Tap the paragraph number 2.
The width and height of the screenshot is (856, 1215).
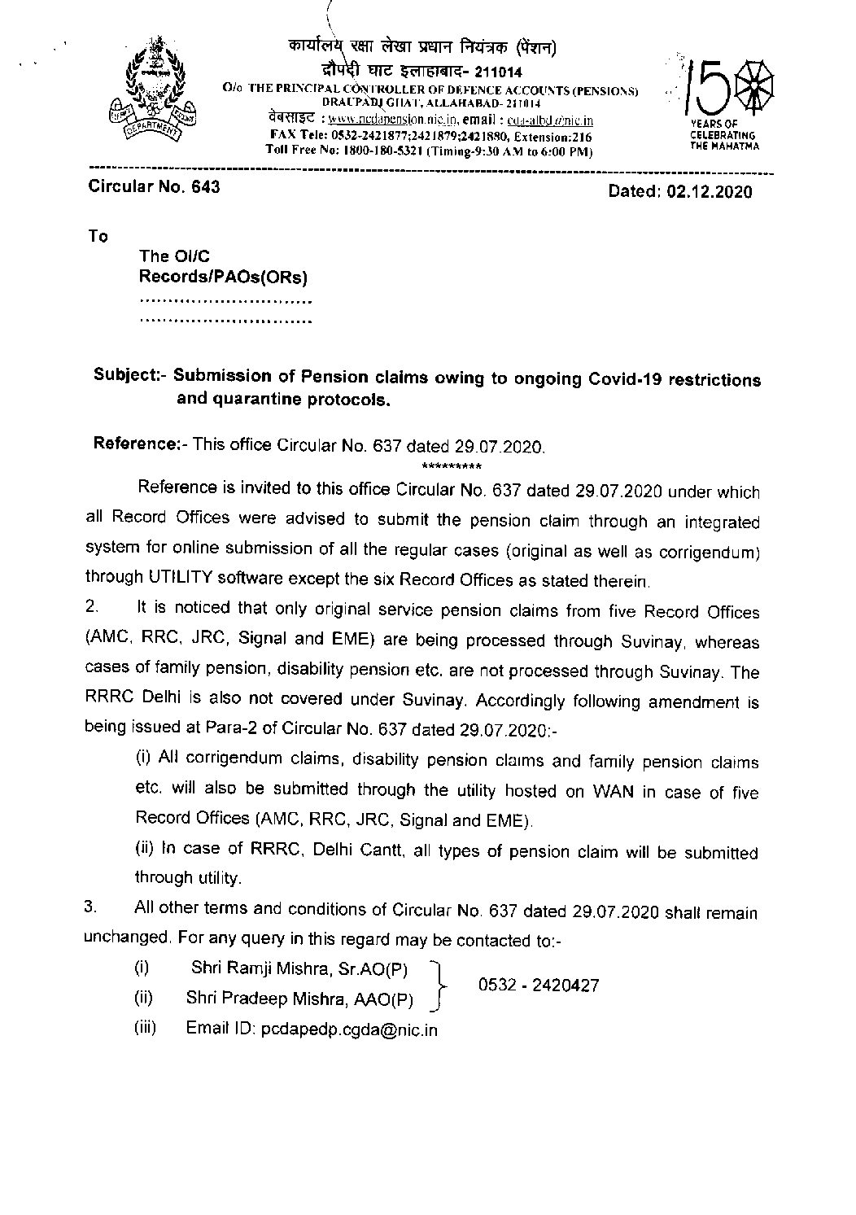(92, 610)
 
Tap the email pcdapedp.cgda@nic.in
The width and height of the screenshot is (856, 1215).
(348, 1029)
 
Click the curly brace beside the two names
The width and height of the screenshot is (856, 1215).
(440, 983)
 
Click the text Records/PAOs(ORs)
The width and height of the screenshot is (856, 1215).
(224, 278)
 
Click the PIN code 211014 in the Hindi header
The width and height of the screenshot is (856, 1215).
(498, 76)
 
